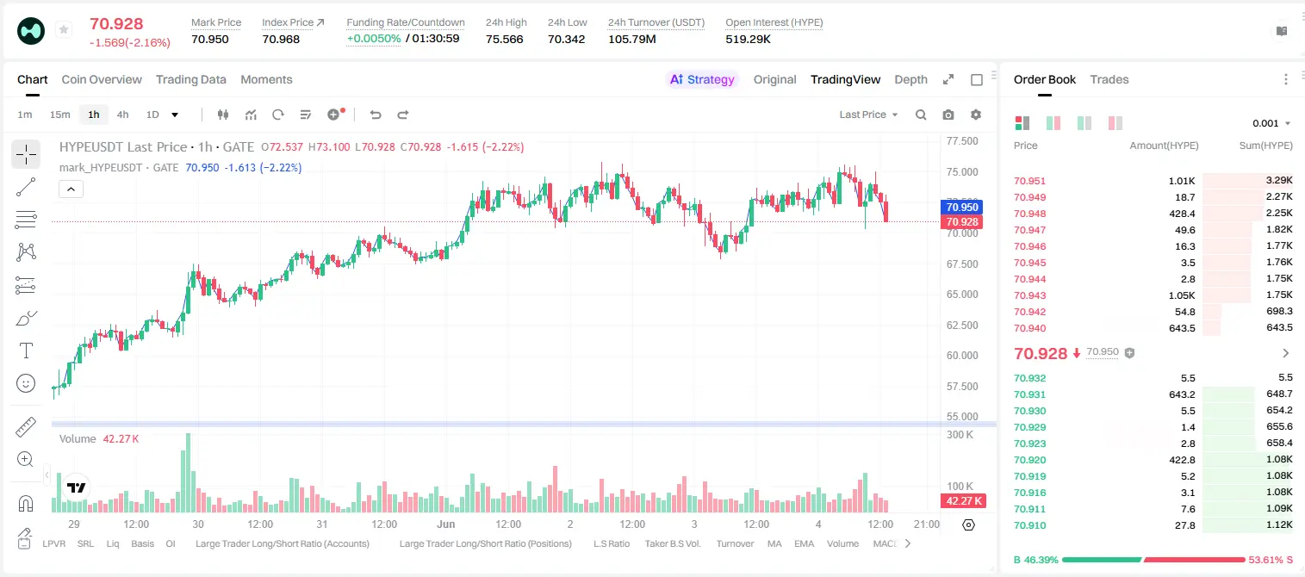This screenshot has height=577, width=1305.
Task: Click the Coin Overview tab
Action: pyautogui.click(x=102, y=79)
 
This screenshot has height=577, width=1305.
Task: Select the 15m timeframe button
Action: pyautogui.click(x=60, y=115)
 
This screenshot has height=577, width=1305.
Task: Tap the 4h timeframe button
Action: pyautogui.click(x=122, y=115)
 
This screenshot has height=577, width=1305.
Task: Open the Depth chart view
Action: pyautogui.click(x=910, y=79)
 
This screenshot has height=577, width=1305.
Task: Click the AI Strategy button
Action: pyautogui.click(x=702, y=79)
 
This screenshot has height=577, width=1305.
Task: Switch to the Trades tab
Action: pyautogui.click(x=1109, y=79)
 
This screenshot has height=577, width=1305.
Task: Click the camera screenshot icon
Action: pyautogui.click(x=948, y=115)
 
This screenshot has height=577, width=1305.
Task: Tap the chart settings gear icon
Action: pyautogui.click(x=976, y=115)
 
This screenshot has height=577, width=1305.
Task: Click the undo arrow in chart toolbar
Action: pyautogui.click(x=376, y=115)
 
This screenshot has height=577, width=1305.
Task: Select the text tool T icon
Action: pyautogui.click(x=26, y=351)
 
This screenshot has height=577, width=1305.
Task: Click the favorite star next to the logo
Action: pyautogui.click(x=64, y=29)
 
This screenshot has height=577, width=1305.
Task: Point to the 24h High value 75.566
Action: pyautogui.click(x=505, y=39)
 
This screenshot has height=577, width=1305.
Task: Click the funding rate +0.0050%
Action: pyautogui.click(x=374, y=39)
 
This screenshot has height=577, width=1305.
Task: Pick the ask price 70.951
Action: pyautogui.click(x=1029, y=181)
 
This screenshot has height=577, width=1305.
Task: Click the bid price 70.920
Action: pyautogui.click(x=1029, y=460)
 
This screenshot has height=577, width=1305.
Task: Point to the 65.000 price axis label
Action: pyautogui.click(x=962, y=295)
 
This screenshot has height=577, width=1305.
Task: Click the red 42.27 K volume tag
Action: pyautogui.click(x=963, y=500)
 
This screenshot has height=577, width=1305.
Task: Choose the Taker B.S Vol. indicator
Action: pyautogui.click(x=673, y=543)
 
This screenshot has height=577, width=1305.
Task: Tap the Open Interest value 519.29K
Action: pyautogui.click(x=748, y=39)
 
